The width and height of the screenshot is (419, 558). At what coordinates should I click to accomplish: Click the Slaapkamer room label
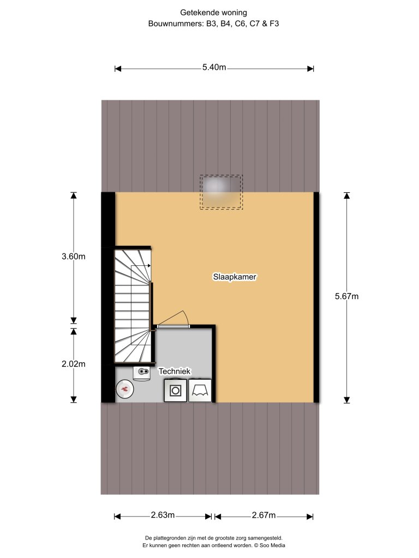[235, 277]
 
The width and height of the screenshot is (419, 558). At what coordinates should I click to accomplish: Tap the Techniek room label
[175, 371]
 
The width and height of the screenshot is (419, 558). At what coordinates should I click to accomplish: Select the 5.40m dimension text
[214, 68]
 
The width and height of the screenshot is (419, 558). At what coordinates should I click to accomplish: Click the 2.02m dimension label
[74, 364]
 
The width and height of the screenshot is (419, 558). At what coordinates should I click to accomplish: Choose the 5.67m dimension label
[346, 296]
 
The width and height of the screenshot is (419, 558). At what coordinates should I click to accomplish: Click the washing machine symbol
[176, 390]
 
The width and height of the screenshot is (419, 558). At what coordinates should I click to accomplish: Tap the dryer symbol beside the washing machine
[200, 390]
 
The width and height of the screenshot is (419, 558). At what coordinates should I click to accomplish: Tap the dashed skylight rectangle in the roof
[221, 192]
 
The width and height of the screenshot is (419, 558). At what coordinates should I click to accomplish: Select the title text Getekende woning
[209, 11]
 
